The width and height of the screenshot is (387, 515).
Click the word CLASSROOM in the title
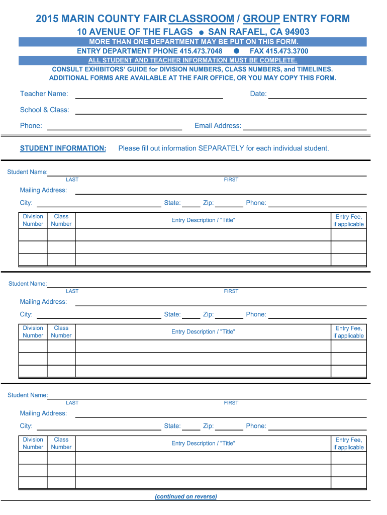[202, 19]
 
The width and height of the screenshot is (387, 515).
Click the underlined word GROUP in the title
[261, 19]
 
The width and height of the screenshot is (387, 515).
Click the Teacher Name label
[44, 94]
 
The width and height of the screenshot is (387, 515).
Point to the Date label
[258, 94]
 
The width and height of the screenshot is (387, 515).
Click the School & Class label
[45, 110]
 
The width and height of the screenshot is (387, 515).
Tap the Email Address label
[218, 126]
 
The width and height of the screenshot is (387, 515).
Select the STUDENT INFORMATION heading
[63, 148]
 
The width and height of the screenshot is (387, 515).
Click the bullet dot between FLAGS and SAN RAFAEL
[201, 32]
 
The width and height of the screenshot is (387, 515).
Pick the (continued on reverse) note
[186, 496]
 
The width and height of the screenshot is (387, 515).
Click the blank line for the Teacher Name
[149, 97]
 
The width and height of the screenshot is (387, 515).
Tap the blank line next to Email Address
[305, 129]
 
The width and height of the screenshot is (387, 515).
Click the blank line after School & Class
[221, 113]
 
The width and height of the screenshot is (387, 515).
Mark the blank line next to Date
[318, 97]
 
